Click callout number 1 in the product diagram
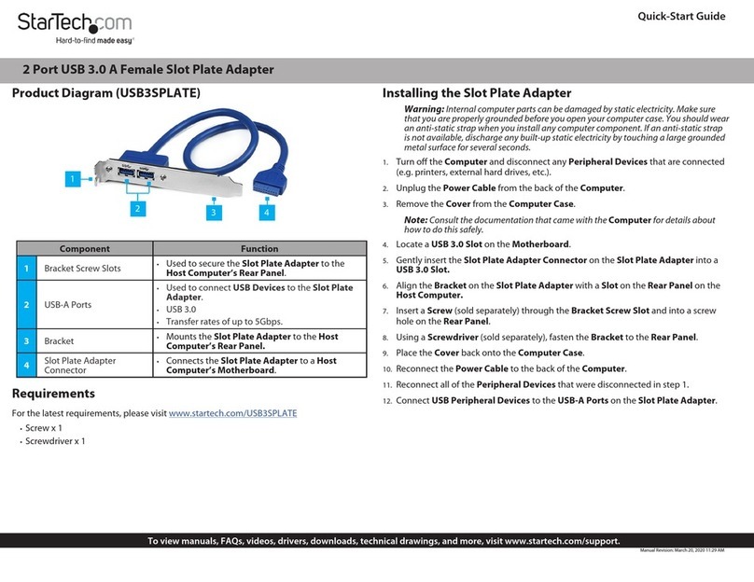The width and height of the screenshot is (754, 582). coord(71,176)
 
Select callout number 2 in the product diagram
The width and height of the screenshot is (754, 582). coord(136,209)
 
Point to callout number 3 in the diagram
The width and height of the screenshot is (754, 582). coord(214,214)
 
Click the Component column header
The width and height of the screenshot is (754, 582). coord(85,249)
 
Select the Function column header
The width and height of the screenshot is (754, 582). coord(259,249)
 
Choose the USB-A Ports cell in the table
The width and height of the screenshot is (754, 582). coord(69,305)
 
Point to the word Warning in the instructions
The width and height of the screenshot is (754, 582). coord(424,110)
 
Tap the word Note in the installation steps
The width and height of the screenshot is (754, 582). coord(415,220)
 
